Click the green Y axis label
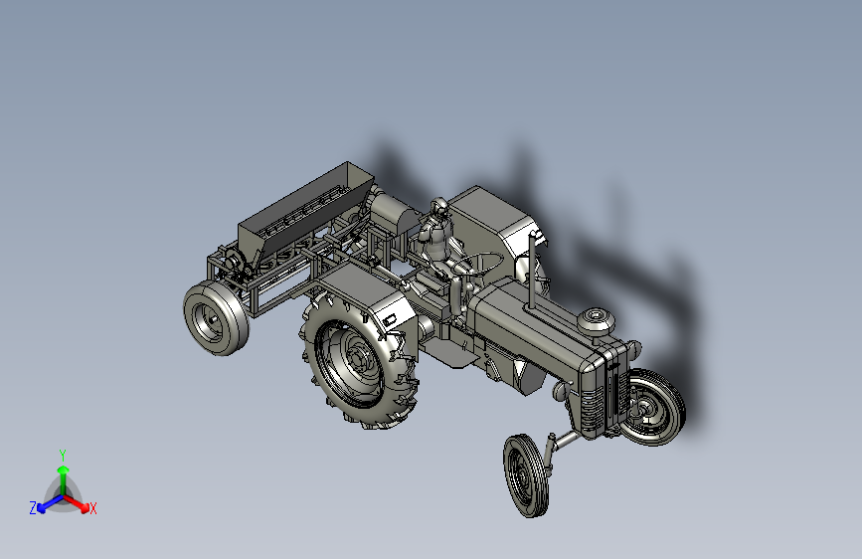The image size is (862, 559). tap(63, 456)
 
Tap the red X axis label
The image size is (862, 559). tap(92, 508)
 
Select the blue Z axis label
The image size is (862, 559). tap(33, 508)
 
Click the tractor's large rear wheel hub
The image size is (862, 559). tap(359, 360)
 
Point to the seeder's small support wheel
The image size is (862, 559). tap(216, 318)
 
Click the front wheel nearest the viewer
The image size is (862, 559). tap(527, 475)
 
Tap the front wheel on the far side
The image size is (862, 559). tap(653, 407)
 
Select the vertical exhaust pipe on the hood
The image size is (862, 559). tap(532, 271)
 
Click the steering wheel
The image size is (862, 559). tap(482, 263)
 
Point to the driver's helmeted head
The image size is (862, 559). tap(439, 208)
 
